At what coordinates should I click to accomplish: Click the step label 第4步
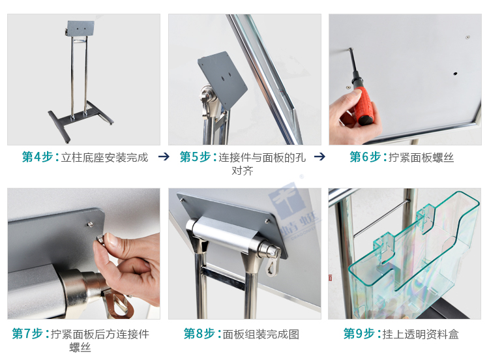[38, 157]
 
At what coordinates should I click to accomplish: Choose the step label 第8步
[200, 334]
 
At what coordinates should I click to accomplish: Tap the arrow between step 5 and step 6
[319, 157]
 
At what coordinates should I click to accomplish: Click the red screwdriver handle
[361, 105]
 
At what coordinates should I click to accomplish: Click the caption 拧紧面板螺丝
[421, 157]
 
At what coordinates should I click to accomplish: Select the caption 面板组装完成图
[261, 334]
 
